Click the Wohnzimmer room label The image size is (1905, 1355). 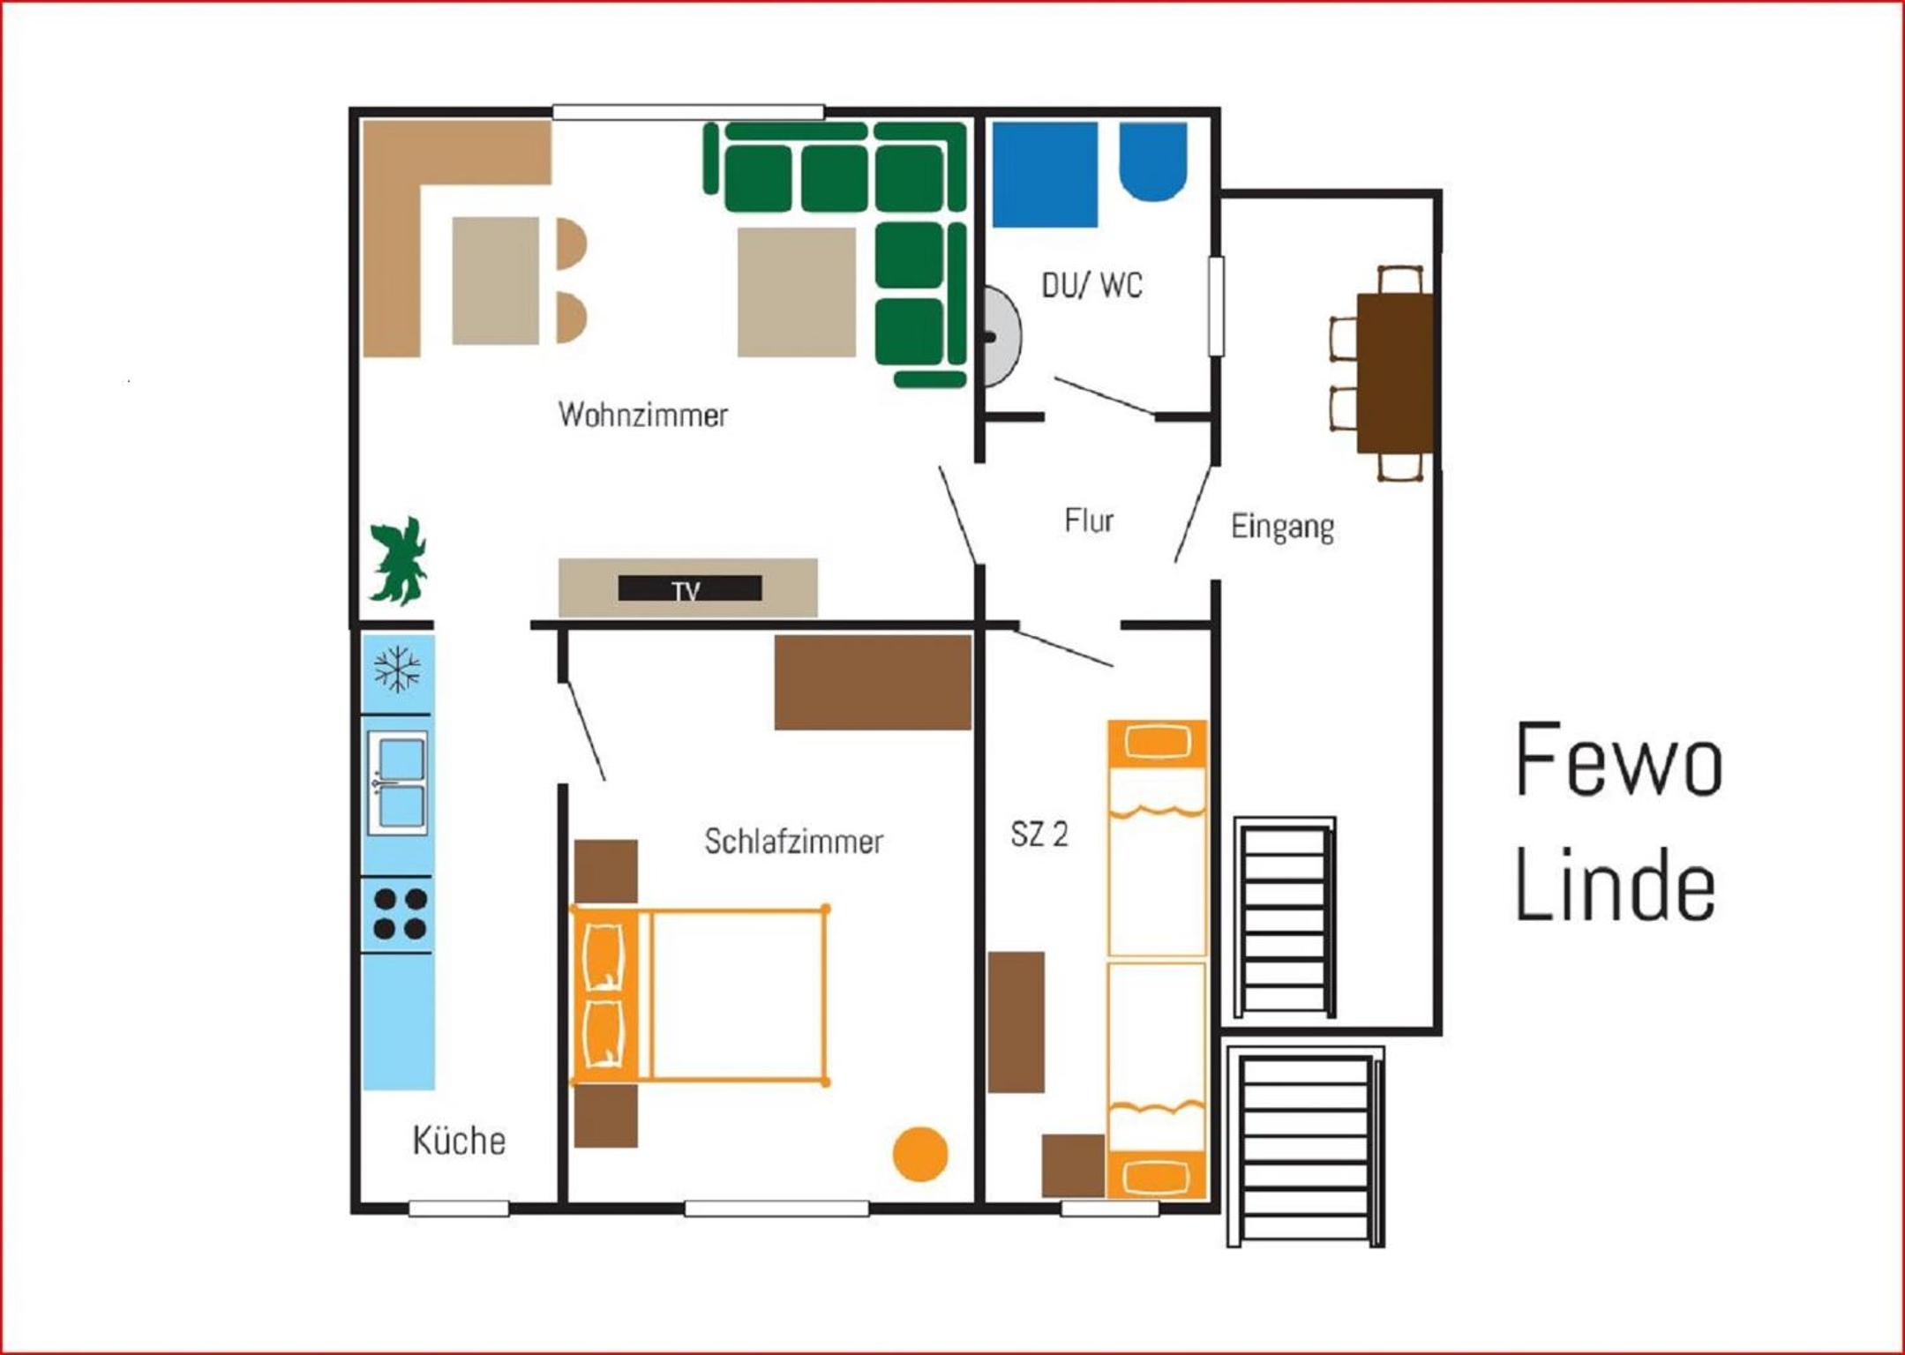click(x=643, y=415)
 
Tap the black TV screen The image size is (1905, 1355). click(x=690, y=588)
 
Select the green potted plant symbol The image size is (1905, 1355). click(x=399, y=561)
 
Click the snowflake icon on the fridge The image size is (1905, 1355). click(x=397, y=669)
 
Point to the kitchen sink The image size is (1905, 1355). click(x=398, y=782)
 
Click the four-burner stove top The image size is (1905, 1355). click(x=400, y=914)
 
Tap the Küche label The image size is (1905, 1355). click(x=459, y=1141)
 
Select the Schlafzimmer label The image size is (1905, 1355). click(x=793, y=842)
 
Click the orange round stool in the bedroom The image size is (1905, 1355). click(x=920, y=1154)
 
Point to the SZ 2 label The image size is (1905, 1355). click(x=1039, y=834)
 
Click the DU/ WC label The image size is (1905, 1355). click(x=1092, y=285)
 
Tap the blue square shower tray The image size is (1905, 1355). click(x=1045, y=175)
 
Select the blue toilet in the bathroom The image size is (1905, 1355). click(x=1153, y=161)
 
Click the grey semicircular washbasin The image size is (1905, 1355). click(x=1002, y=336)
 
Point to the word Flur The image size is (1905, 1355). click(x=1089, y=520)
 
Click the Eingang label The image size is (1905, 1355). click(x=1282, y=527)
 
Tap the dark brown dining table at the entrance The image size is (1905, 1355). click(x=1394, y=373)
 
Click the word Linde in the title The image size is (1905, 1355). click(x=1616, y=885)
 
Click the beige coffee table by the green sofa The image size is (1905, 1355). click(x=797, y=292)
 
